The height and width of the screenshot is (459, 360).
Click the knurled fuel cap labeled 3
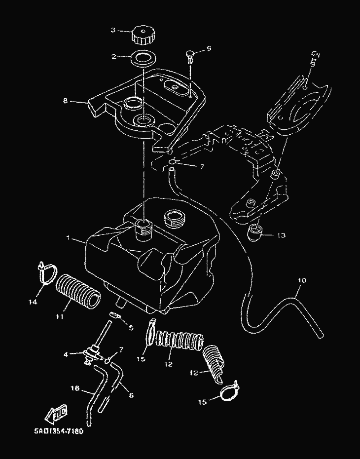(142, 35)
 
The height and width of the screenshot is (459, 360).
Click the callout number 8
(65, 101)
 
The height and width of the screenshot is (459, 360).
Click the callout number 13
(280, 235)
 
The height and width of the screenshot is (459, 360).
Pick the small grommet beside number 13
(254, 232)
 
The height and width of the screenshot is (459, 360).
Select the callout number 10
(302, 280)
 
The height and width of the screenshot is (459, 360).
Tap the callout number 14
(33, 302)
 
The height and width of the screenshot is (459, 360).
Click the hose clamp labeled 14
(47, 272)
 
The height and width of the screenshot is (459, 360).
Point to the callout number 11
(60, 316)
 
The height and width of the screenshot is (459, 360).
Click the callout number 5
(131, 327)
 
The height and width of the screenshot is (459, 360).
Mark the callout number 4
(66, 353)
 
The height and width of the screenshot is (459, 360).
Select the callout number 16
(75, 388)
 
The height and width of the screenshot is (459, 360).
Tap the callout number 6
(131, 395)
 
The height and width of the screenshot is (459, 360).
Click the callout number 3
(113, 30)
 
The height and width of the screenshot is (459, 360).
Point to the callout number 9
(209, 48)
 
